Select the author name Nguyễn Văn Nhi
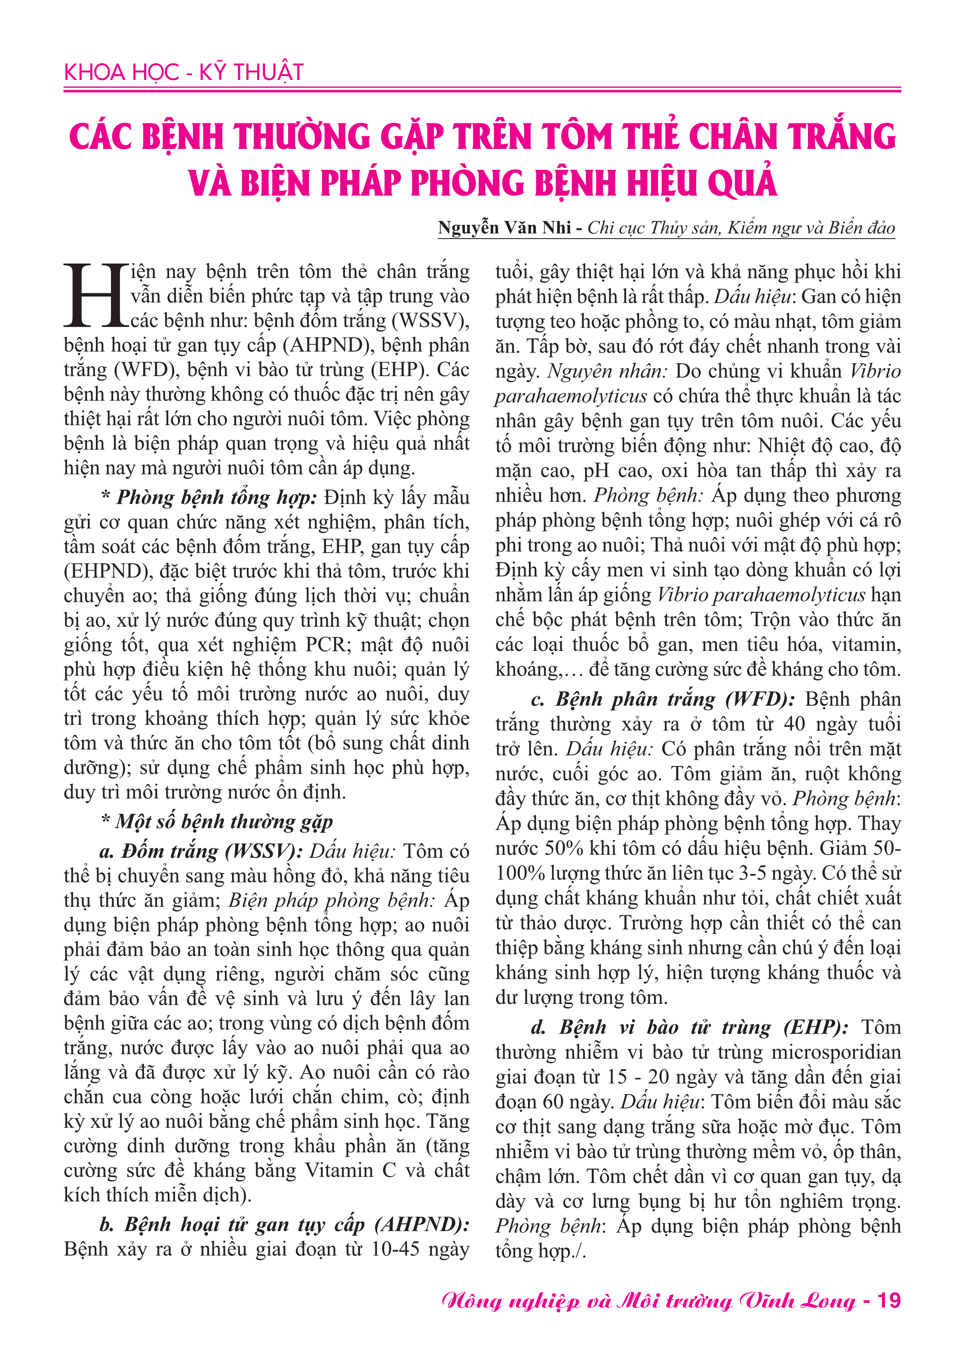pos(504,227)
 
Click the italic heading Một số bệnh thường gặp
pos(224,821)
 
